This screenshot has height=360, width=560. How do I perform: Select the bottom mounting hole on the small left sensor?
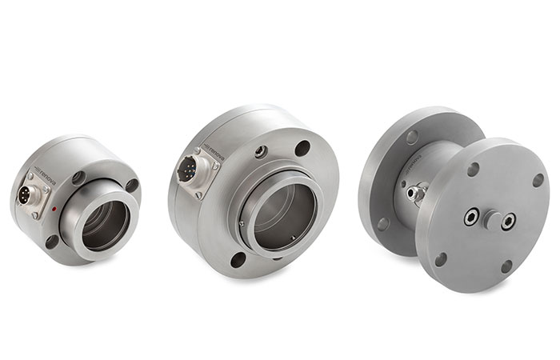click(x=53, y=241)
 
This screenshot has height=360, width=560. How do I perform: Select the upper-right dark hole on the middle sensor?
click(x=302, y=148)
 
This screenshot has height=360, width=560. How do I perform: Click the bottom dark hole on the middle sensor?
click(x=238, y=258)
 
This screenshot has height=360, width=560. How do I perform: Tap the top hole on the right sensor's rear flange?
click(x=412, y=138)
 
